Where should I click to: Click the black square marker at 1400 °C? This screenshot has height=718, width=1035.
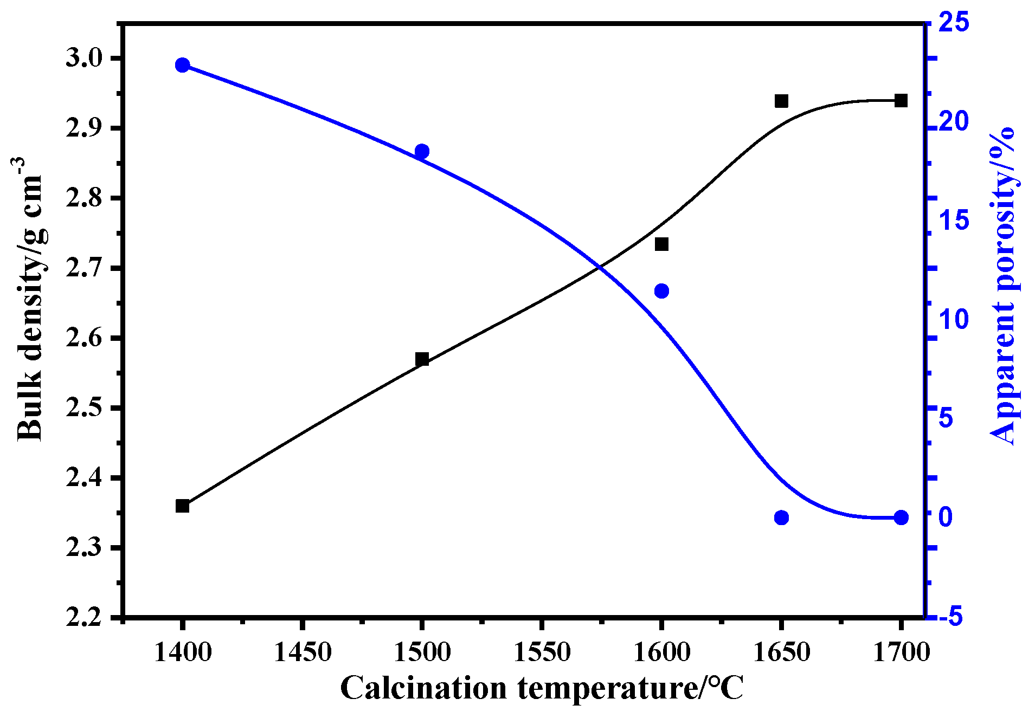coord(182,506)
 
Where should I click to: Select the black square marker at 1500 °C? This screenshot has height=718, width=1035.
coord(422,359)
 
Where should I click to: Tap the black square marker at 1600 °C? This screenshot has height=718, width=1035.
coord(661,244)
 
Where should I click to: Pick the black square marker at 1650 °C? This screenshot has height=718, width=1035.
coord(781,101)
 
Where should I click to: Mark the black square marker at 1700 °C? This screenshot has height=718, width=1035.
coord(901,100)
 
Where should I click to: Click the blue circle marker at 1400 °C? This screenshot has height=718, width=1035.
coord(182,65)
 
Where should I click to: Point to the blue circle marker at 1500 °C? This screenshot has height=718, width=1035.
coord(422,151)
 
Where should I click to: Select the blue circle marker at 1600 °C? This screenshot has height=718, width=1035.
coord(661,291)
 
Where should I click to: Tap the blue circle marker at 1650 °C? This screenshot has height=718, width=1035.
coord(781,518)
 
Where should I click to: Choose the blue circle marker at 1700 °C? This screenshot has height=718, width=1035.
coord(901,518)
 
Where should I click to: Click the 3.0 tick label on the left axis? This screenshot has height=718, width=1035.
coord(84,58)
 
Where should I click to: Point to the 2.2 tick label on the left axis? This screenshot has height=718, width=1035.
coord(84,618)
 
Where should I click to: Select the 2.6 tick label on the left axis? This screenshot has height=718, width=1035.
coord(84,338)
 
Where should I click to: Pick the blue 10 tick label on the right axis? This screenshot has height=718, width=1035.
coord(954,319)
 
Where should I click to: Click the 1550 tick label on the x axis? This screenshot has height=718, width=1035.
coord(542,652)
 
